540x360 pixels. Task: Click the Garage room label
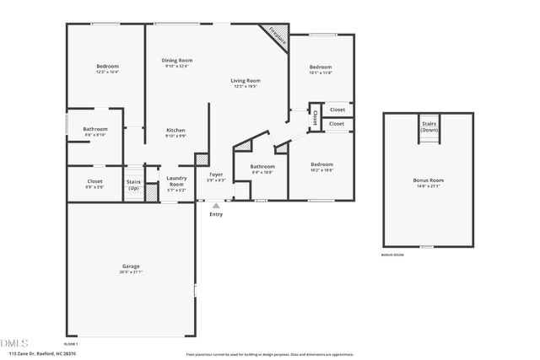(130, 266)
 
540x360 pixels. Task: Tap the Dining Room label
(177, 61)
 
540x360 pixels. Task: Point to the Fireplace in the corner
(278, 35)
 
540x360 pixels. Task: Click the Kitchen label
(175, 130)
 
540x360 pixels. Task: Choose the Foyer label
(216, 175)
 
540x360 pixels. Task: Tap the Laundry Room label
(176, 180)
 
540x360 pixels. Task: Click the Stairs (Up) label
(133, 184)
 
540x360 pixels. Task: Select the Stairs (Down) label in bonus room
(429, 127)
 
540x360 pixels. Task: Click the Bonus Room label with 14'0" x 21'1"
(428, 180)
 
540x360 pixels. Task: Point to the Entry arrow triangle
(216, 205)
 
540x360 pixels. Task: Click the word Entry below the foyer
(216, 214)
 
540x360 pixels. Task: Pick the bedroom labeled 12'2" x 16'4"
(107, 67)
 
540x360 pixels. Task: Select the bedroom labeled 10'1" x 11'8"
(321, 67)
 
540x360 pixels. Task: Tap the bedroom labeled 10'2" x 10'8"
(321, 164)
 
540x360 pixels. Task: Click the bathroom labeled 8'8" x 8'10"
(95, 129)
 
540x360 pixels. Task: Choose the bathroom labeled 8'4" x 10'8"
(262, 167)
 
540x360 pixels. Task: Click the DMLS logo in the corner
(14, 343)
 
